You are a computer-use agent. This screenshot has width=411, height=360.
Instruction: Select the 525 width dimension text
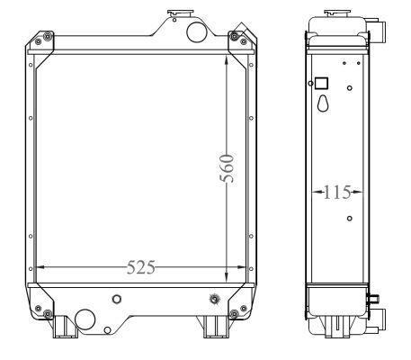pos(140,267)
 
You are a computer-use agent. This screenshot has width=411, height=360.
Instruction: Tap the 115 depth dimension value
pos(337,192)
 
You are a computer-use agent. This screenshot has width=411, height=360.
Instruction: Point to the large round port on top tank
pos(194,31)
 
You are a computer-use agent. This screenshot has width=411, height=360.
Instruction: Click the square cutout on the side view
pos(322,83)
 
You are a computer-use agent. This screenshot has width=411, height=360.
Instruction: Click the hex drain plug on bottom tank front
pos(213,300)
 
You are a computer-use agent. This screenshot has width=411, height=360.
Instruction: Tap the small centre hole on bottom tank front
pos(114,299)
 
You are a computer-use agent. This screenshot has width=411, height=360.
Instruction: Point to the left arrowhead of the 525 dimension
pos(38,267)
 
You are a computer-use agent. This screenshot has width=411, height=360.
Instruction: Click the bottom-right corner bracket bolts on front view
pos(235,313)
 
